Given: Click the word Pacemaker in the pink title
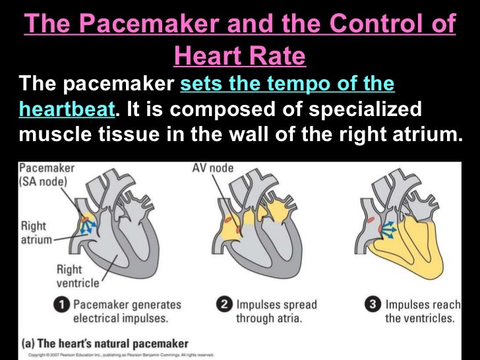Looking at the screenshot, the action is [135, 24].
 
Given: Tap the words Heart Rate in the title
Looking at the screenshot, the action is [239, 57].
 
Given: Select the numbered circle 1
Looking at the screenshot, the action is [61, 305].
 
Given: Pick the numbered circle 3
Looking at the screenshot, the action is [373, 305].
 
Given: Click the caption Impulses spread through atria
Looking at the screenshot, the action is [276, 312].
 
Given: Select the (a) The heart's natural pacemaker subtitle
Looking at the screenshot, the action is [105, 344].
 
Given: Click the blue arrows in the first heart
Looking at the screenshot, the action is [89, 224].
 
